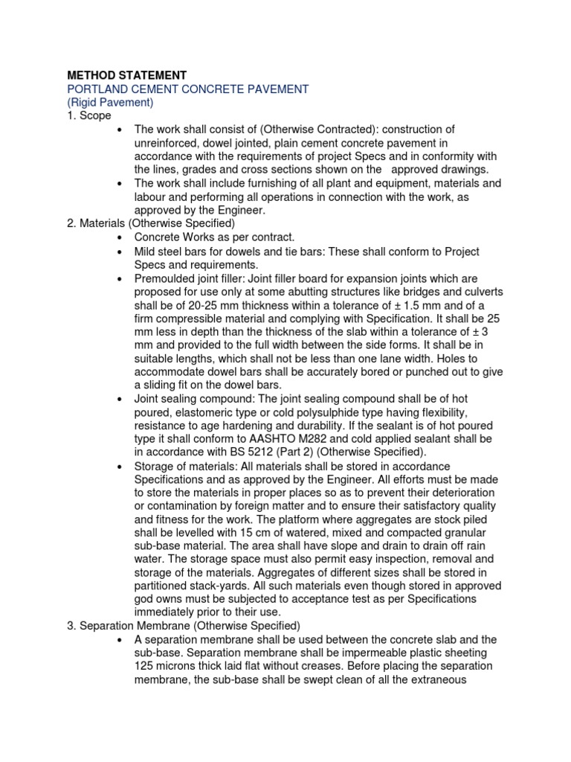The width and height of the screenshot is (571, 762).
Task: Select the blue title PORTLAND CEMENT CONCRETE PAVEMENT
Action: [x=187, y=89]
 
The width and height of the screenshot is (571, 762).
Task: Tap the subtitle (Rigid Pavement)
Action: [x=110, y=102]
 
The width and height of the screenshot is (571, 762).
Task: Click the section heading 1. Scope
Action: [x=88, y=115]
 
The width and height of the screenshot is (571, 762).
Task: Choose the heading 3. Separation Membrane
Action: [x=182, y=625]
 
